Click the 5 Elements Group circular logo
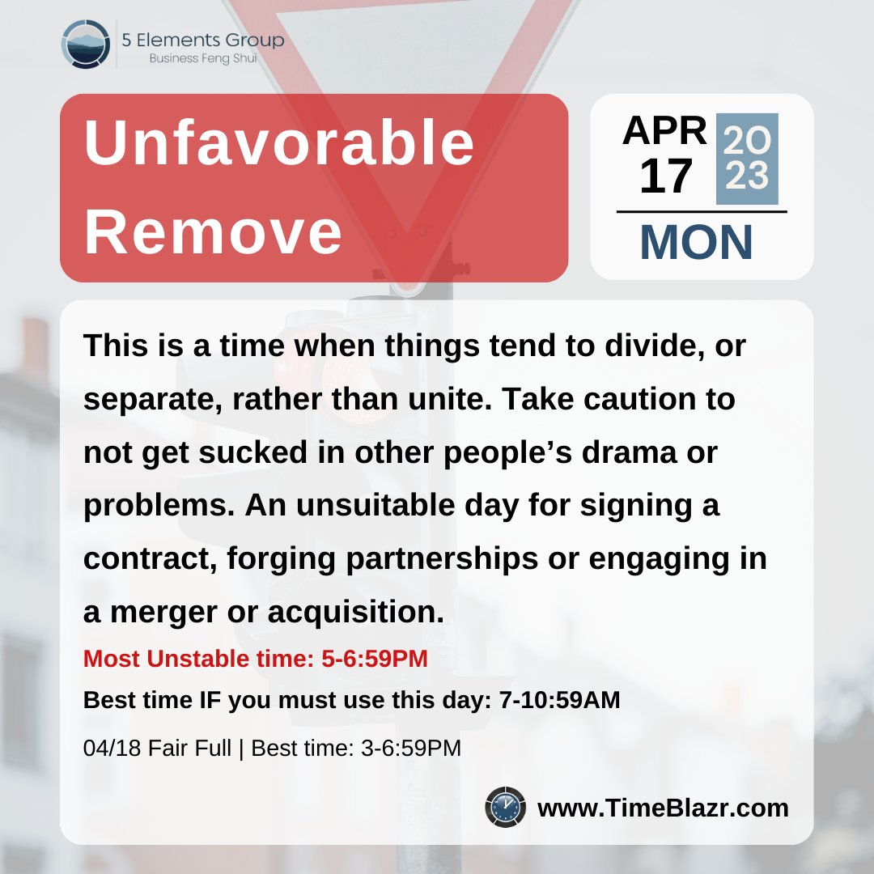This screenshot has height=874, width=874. (86, 44)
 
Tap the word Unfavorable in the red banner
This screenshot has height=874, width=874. (279, 143)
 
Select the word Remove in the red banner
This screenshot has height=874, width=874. (214, 231)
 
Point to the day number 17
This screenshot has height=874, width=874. (665, 176)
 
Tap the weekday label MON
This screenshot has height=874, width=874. (696, 242)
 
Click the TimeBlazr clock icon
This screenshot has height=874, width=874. (506, 807)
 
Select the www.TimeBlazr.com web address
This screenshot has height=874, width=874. (663, 808)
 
